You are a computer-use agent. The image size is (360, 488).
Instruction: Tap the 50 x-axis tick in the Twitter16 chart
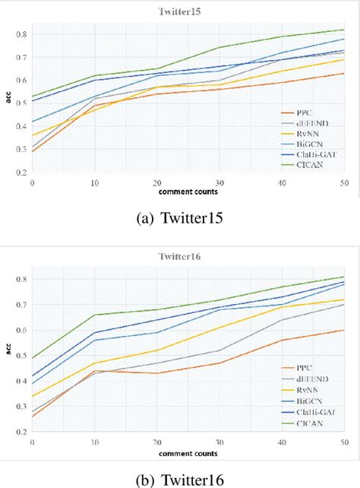(345, 442)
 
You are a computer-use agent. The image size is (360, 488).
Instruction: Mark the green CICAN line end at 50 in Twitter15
(345, 30)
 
